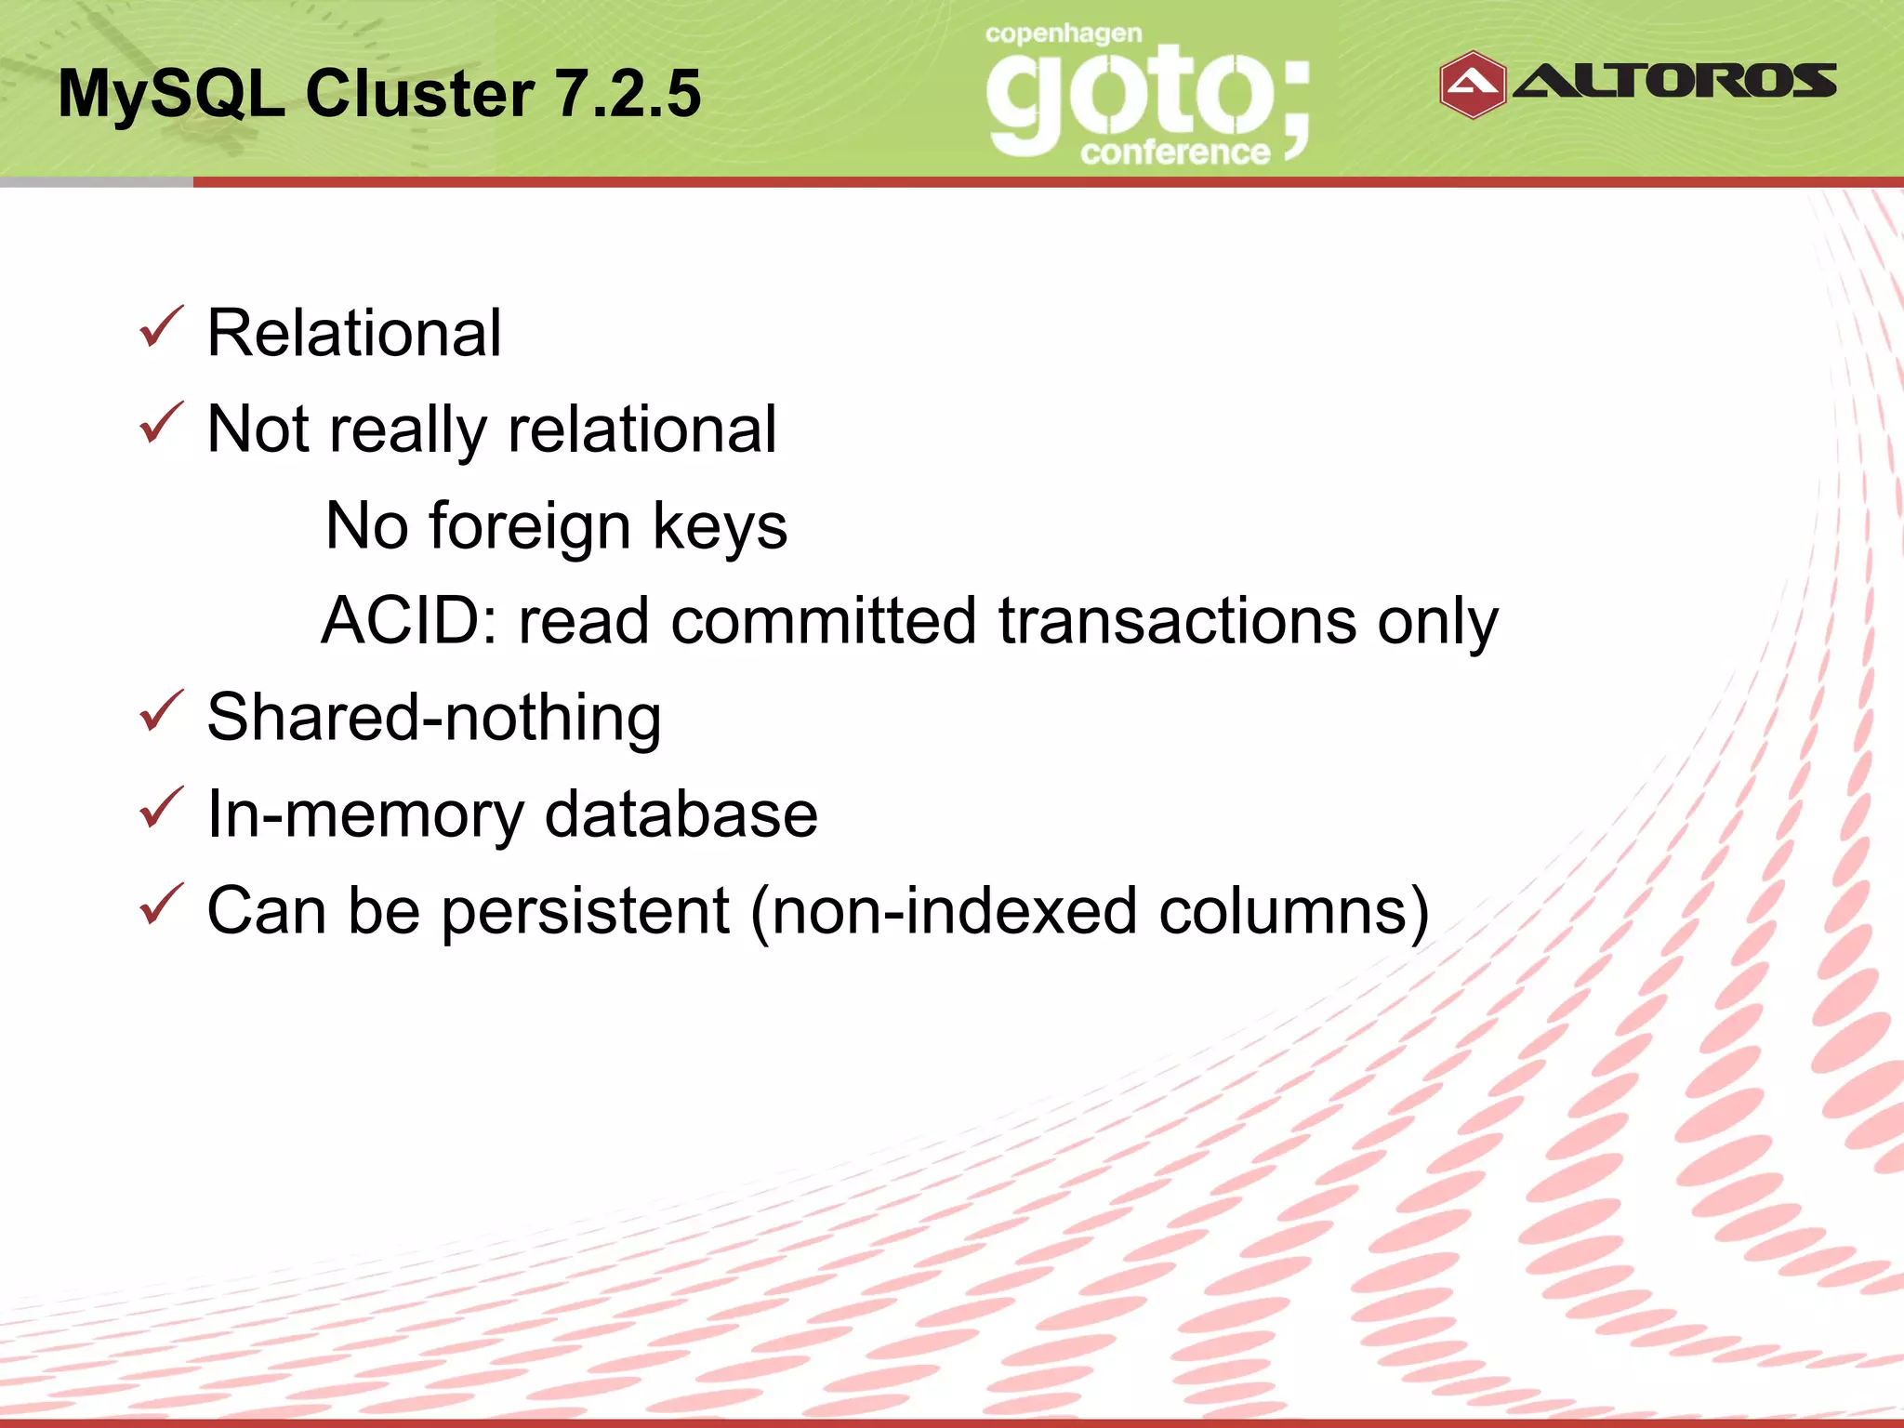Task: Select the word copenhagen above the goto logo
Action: tap(1064, 35)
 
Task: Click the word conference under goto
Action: tap(1175, 152)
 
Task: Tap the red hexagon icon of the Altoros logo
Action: tap(1472, 85)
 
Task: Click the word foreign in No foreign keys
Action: tap(530, 527)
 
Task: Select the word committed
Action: tap(823, 620)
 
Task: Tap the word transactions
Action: tap(1177, 620)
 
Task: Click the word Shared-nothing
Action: tap(434, 718)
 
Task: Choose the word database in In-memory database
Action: tap(681, 813)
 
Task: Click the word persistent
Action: tap(585, 911)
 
